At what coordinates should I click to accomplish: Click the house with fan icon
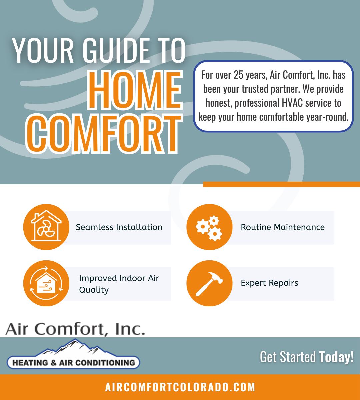(46, 227)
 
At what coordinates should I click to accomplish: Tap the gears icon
(209, 227)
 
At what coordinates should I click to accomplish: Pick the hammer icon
(209, 283)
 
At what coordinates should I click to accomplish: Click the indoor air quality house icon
(46, 283)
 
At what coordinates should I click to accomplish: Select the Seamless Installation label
(119, 227)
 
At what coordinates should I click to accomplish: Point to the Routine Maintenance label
(283, 227)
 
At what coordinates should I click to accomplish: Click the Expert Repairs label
(269, 283)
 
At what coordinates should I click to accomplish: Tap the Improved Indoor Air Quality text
(119, 284)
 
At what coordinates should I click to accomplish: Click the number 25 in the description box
(239, 75)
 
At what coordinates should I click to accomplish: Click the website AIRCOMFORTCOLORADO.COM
(180, 387)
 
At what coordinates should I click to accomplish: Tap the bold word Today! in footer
(336, 357)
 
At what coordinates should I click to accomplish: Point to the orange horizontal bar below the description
(281, 184)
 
